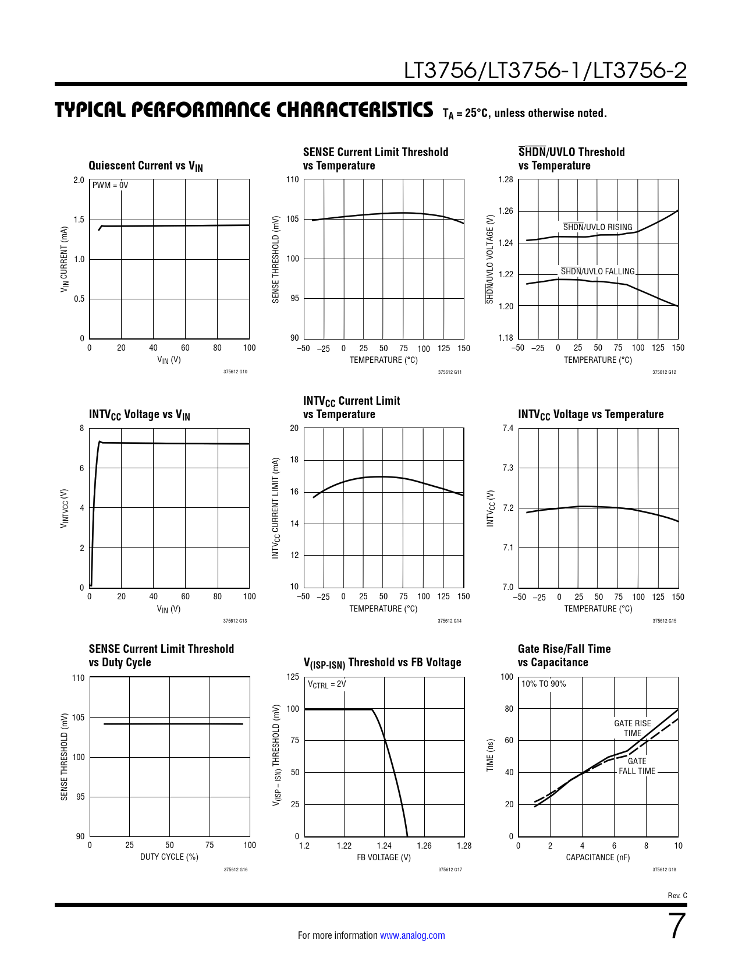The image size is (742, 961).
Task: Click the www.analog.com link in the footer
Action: (413, 935)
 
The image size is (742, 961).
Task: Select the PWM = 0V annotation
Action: (110, 185)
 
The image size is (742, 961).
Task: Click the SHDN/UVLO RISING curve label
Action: (598, 227)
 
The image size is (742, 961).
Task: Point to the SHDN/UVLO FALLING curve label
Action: (598, 271)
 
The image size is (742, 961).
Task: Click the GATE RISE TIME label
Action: (633, 728)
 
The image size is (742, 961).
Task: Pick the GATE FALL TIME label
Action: (637, 766)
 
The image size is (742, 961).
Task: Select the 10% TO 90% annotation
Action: (544, 684)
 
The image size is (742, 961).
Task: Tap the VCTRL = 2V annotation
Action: (327, 684)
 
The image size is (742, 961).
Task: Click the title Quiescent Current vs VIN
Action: (146, 166)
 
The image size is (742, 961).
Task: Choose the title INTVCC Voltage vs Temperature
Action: (591, 415)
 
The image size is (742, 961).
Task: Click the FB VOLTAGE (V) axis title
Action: (384, 857)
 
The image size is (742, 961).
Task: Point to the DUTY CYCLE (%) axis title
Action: (169, 857)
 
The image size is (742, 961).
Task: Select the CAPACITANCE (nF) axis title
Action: (598, 857)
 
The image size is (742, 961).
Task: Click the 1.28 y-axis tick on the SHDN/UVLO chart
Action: (506, 179)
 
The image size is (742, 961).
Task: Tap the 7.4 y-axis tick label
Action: (508, 428)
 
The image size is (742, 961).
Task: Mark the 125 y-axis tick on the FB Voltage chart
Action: (293, 677)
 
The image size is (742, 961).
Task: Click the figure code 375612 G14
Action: (449, 621)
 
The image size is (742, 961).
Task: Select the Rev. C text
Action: (677, 896)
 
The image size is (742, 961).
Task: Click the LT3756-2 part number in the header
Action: (640, 70)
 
